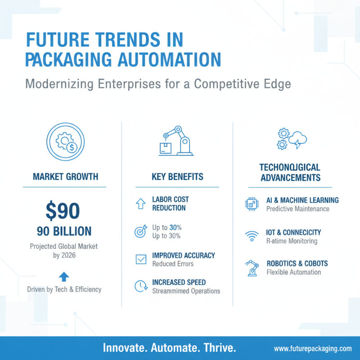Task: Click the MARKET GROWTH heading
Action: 65,176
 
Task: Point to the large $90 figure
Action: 63,210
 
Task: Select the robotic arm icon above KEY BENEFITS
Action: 176,141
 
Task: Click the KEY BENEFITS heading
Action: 177,176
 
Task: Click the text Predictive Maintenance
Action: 297,209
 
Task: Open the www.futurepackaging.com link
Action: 312,349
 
